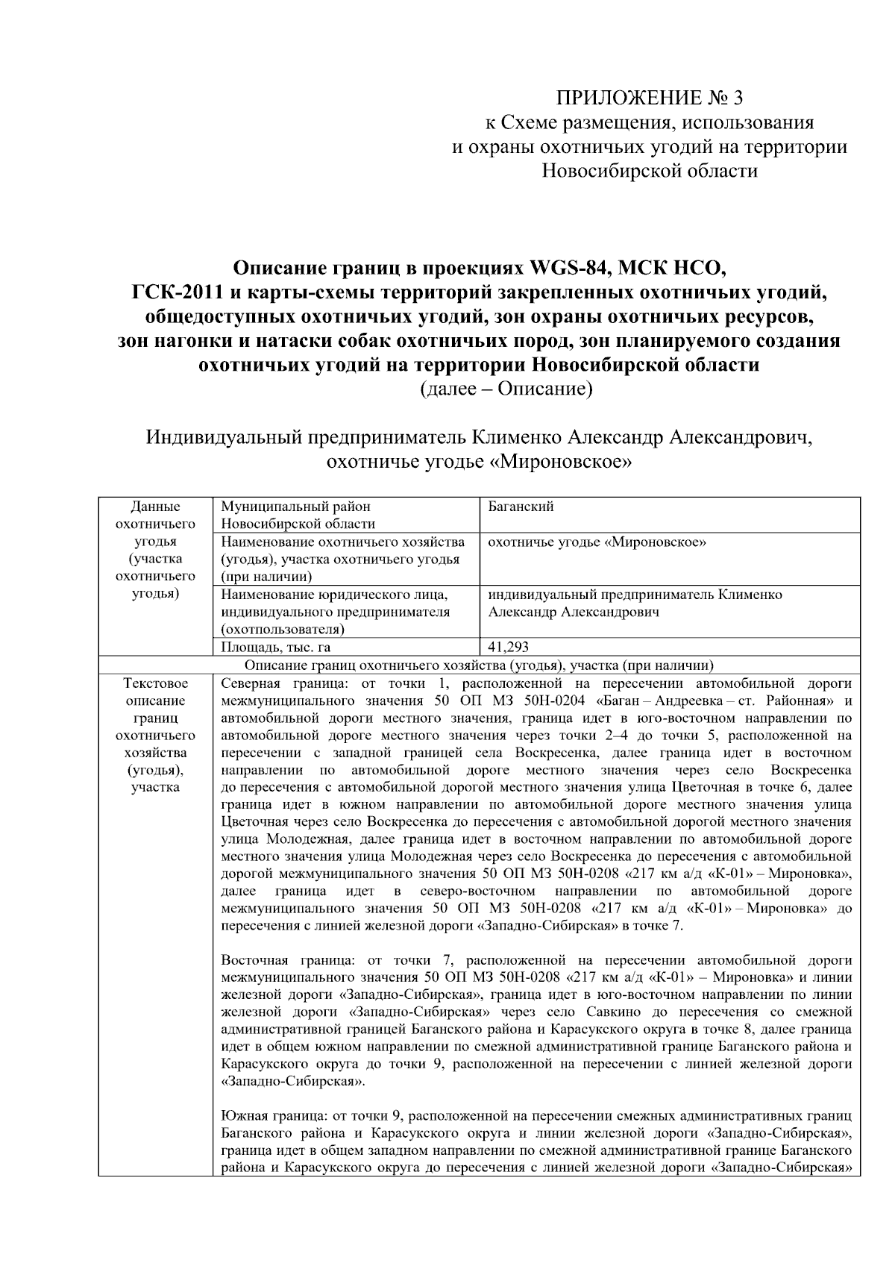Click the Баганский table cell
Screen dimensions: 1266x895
(x=521, y=507)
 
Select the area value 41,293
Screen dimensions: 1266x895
(x=509, y=647)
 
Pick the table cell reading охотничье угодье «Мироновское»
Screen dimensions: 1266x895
(x=597, y=542)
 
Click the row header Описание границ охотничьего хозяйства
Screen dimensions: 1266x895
(x=479, y=665)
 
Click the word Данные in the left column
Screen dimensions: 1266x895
(x=155, y=507)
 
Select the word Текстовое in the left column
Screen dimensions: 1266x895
(x=155, y=683)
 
